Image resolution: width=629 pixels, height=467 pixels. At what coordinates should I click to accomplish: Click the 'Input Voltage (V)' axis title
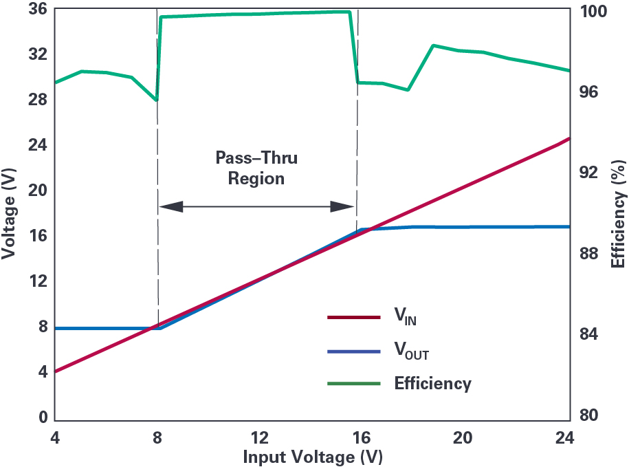click(313, 457)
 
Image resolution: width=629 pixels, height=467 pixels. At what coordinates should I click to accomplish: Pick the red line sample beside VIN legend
click(353, 318)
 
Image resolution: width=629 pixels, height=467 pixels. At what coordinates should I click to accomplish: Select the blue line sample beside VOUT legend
click(353, 351)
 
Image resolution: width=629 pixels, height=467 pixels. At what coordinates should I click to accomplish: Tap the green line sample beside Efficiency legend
click(353, 383)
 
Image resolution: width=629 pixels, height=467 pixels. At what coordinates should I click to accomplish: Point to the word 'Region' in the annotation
click(256, 179)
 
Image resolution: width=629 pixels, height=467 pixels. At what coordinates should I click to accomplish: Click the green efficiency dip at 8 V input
click(157, 100)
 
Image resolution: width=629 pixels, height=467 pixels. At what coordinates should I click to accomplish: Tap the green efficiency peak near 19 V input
click(434, 45)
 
